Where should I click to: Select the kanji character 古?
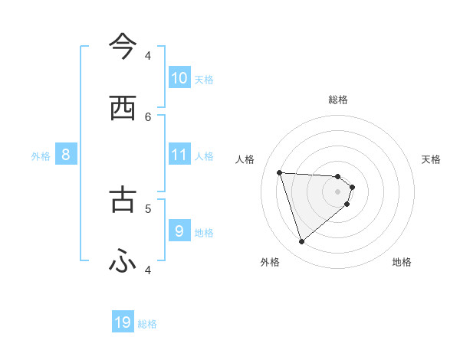(x=123, y=198)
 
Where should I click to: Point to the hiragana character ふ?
(x=123, y=262)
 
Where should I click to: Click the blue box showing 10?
(x=179, y=78)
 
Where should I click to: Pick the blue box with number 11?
(x=179, y=155)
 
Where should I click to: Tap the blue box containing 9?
(x=179, y=231)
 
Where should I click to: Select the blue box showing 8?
(x=66, y=155)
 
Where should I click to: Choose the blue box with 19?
(x=123, y=322)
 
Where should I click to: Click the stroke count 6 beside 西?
(x=148, y=116)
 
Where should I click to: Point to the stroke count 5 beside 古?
(x=148, y=207)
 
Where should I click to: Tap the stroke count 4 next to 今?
(x=148, y=55)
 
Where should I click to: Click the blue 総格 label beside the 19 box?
(x=147, y=324)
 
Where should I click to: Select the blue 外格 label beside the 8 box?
(x=41, y=156)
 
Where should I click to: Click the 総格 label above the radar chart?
(x=338, y=100)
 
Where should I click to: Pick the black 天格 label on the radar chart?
(x=432, y=159)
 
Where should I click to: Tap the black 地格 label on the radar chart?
(x=402, y=262)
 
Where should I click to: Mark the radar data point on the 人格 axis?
(x=280, y=172)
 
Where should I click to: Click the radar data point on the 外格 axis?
(x=301, y=242)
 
